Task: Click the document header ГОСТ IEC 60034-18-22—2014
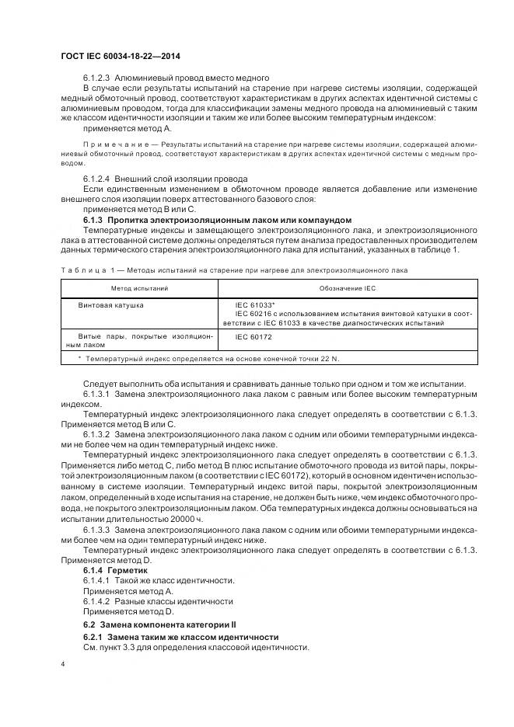(x=121, y=57)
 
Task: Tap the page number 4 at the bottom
(x=63, y=664)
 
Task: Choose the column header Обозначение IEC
(x=348, y=288)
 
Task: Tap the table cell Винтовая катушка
(x=111, y=305)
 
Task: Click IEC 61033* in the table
(x=255, y=305)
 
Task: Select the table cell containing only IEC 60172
(x=254, y=338)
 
